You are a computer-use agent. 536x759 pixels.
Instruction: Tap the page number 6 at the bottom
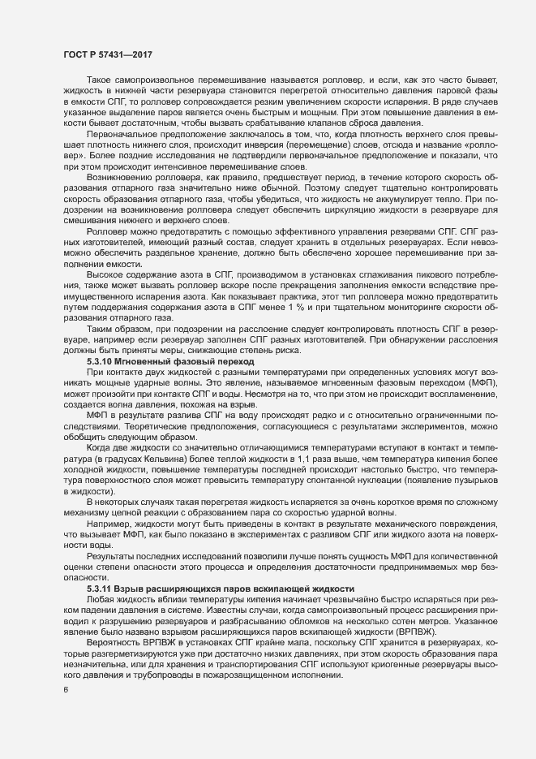tap(66, 690)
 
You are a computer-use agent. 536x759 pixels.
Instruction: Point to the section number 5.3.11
tap(103, 587)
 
